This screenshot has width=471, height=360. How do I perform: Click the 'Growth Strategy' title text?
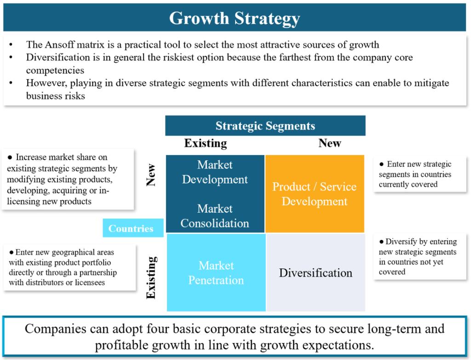pos(235,18)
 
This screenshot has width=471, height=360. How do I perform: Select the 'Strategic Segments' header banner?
pos(265,125)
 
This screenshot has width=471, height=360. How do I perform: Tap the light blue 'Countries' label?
pos(133,228)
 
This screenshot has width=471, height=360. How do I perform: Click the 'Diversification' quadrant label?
pos(316,273)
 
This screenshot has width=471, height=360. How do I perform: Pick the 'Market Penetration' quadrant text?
pos(216,273)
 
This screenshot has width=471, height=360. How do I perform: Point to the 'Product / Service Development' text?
pos(315,194)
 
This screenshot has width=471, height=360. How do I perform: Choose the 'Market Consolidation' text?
pos(215,216)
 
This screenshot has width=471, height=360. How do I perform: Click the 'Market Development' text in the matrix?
pos(215,172)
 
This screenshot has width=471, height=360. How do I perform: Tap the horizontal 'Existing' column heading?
pos(206,143)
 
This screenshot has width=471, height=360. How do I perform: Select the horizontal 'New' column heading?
pos(330,143)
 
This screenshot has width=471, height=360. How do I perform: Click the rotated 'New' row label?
pos(151,175)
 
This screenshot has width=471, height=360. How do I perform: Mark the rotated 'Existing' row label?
pos(151,277)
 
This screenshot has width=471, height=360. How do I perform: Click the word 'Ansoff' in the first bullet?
pos(60,45)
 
